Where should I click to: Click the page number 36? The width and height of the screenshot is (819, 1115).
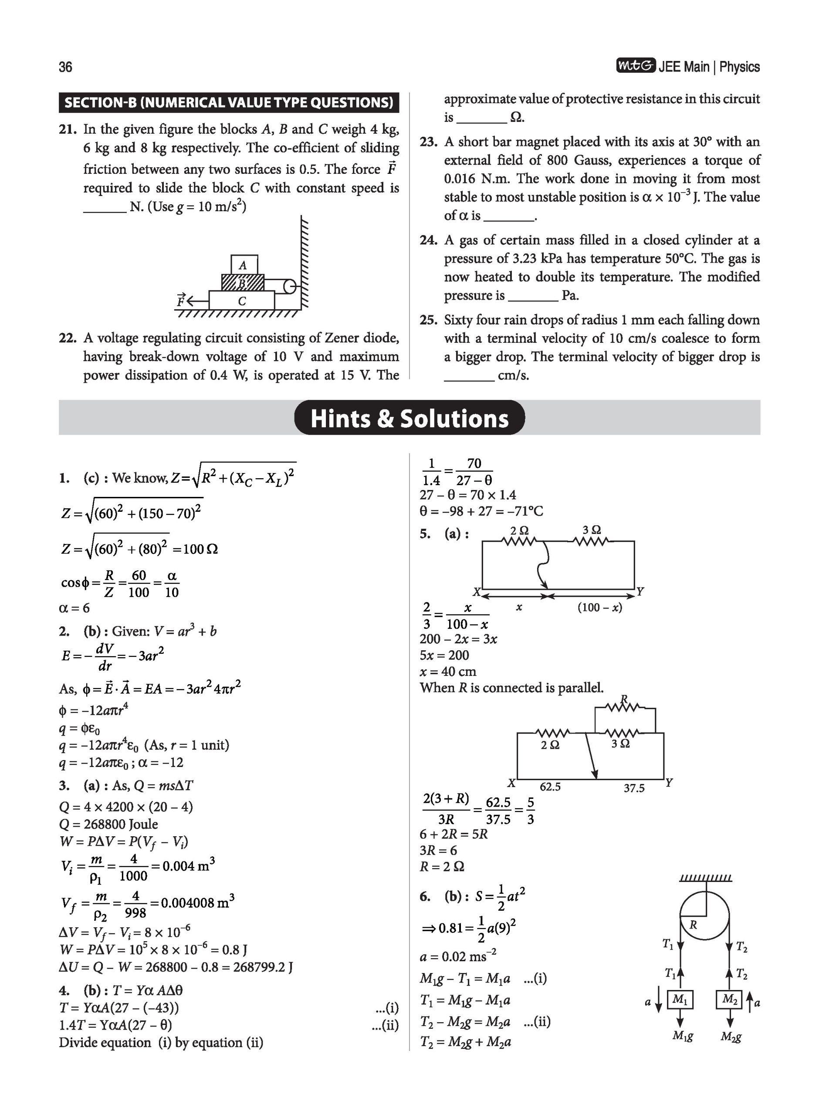[x=65, y=67]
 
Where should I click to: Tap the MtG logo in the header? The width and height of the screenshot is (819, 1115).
[x=636, y=66]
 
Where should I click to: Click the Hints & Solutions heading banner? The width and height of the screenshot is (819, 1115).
[x=409, y=418]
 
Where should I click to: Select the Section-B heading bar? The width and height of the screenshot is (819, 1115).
[x=229, y=103]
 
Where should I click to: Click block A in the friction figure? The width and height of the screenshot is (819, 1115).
[x=244, y=265]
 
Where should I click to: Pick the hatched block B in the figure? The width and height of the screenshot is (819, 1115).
[x=242, y=283]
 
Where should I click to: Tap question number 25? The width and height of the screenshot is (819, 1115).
[x=428, y=320]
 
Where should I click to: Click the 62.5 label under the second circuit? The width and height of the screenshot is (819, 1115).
[x=550, y=787]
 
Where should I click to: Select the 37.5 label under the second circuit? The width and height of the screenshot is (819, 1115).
[x=634, y=788]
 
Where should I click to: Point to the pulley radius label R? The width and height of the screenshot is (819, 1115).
[x=693, y=925]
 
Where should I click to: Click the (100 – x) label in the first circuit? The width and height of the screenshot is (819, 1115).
[x=599, y=607]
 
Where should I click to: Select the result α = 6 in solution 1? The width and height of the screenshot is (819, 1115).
[x=74, y=608]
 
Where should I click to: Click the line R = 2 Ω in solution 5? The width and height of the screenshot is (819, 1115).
[x=442, y=866]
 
